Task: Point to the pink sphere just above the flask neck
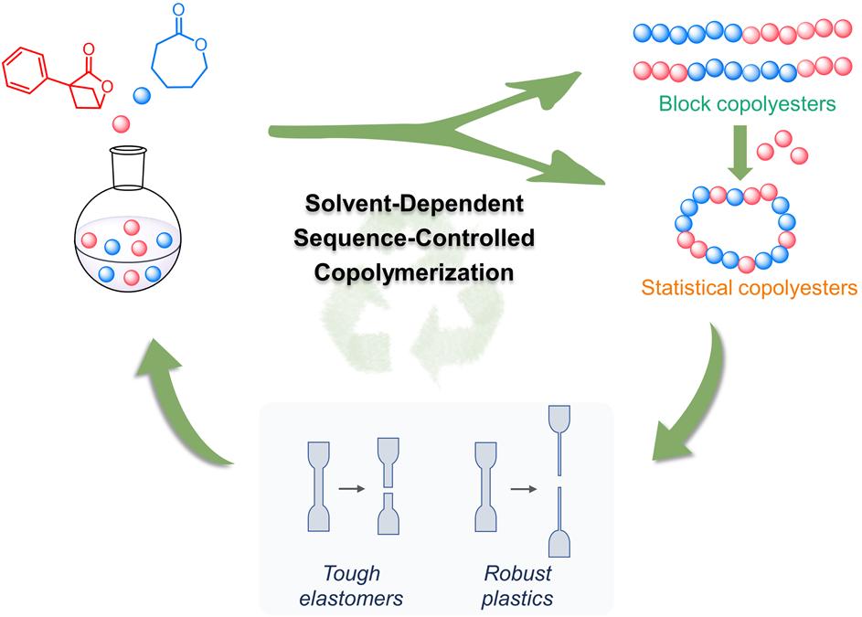[122, 123]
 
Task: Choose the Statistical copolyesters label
[748, 289]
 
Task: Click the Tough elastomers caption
[352, 587]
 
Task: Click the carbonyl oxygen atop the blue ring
[180, 13]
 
